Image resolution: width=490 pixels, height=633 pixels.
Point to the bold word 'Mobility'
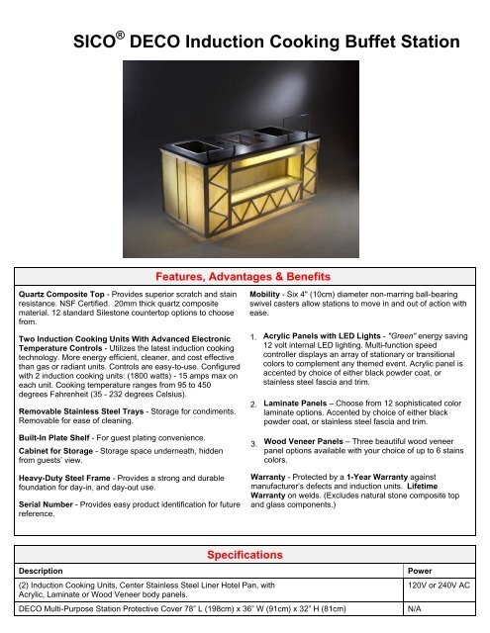268,295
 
